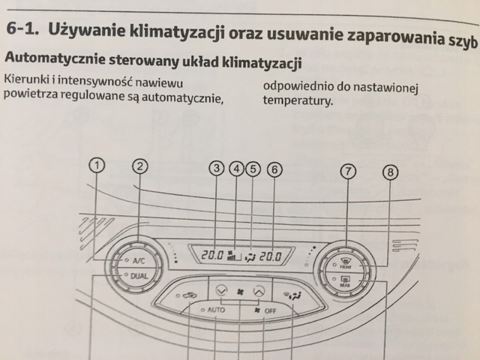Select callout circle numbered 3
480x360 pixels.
[217, 169]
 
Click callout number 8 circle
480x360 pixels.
[390, 173]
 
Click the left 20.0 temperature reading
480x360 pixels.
[212, 256]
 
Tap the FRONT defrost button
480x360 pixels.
[346, 265]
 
